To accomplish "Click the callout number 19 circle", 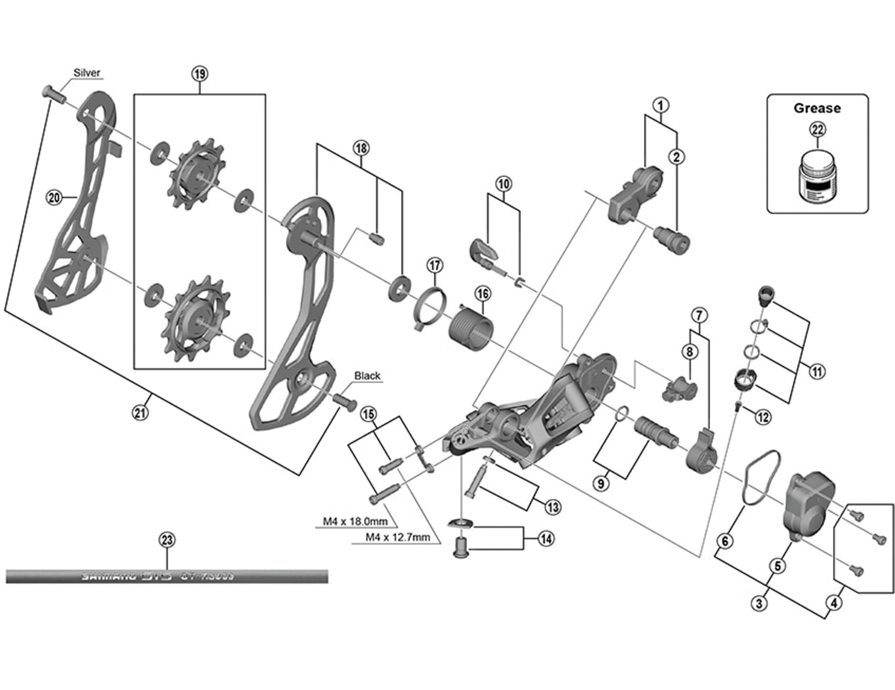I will (200, 74).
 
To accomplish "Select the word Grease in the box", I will (817, 108).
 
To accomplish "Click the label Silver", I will (87, 73).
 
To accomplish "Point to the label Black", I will (367, 376).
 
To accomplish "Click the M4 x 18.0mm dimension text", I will (355, 521).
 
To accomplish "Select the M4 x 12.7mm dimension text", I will (398, 537).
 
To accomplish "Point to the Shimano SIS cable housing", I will (166, 576).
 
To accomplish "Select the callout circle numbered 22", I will (818, 130).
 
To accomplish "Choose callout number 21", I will (140, 412).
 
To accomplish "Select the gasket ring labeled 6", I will (761, 478).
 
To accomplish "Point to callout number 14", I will (546, 539).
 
